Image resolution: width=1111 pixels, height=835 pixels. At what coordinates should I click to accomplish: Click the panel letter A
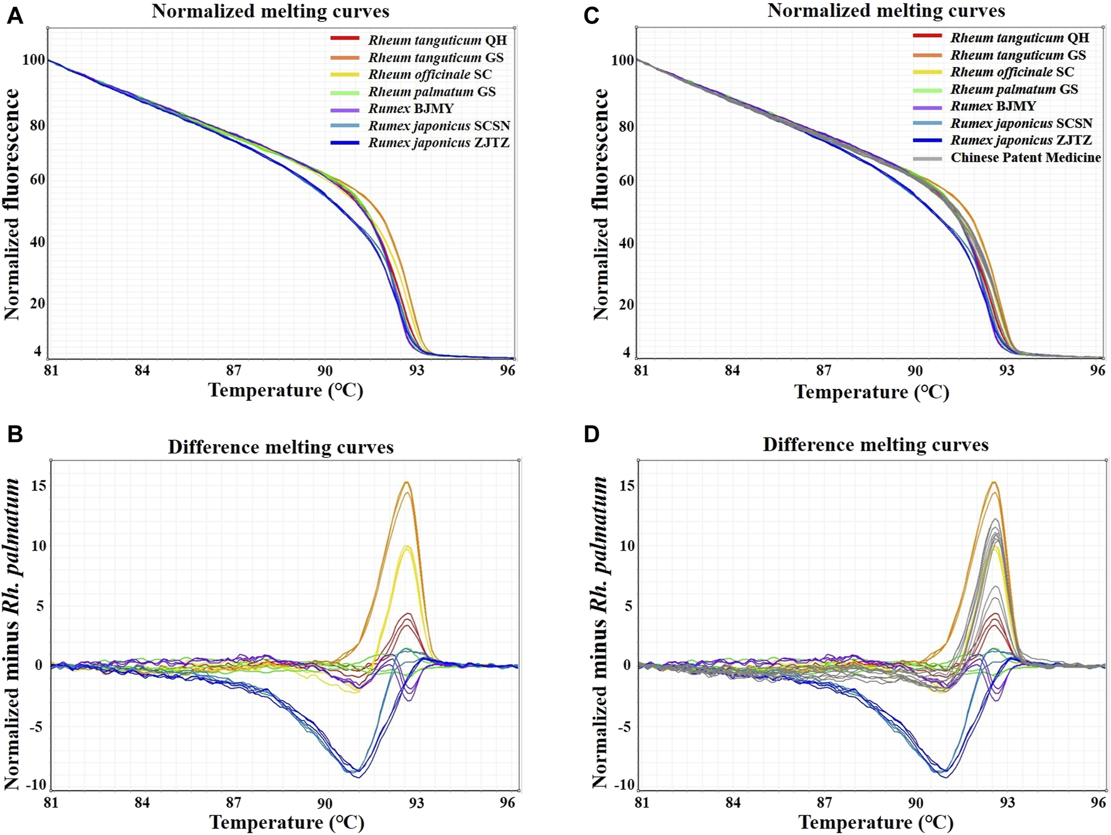coord(14,15)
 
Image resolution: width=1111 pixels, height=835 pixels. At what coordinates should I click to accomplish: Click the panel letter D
coord(591,434)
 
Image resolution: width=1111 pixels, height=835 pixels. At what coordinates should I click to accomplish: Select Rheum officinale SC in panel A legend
coord(429,75)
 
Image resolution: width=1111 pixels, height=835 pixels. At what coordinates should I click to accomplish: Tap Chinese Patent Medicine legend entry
coord(1025,157)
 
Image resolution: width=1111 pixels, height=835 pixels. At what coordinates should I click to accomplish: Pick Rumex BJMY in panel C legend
coord(993,106)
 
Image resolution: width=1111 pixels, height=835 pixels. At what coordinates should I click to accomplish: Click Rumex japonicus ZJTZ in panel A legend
coord(438,143)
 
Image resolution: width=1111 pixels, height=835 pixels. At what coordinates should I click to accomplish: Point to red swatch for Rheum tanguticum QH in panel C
coord(927,37)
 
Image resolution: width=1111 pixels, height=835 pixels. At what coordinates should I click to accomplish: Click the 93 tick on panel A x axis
coord(416,370)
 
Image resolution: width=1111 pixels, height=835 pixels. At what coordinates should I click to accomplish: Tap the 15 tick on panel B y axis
coord(39,486)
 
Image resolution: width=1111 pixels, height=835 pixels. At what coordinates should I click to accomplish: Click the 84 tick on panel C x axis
coord(732,370)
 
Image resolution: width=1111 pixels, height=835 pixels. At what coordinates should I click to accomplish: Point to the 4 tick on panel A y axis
coord(38,352)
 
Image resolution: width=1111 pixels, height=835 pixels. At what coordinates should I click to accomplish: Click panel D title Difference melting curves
coord(875,445)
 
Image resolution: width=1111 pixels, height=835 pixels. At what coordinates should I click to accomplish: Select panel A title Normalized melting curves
coord(270,11)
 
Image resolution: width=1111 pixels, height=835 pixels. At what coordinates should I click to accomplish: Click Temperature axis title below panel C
coord(871,392)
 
